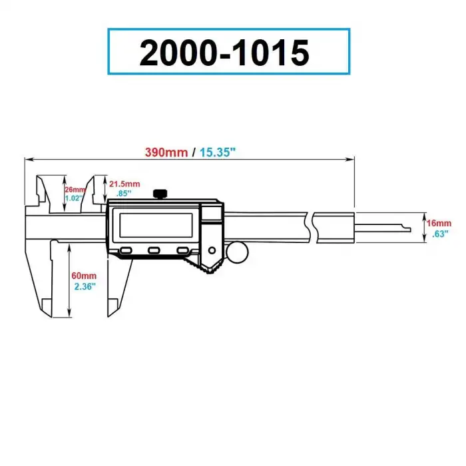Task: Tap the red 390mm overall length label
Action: tap(166, 152)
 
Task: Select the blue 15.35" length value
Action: tap(217, 152)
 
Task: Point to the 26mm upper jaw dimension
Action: tap(75, 189)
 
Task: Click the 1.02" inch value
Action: tap(75, 198)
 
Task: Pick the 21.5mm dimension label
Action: tap(124, 184)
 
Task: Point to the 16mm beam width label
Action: tap(440, 223)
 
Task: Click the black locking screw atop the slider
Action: tap(160, 194)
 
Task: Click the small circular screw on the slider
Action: tap(212, 250)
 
